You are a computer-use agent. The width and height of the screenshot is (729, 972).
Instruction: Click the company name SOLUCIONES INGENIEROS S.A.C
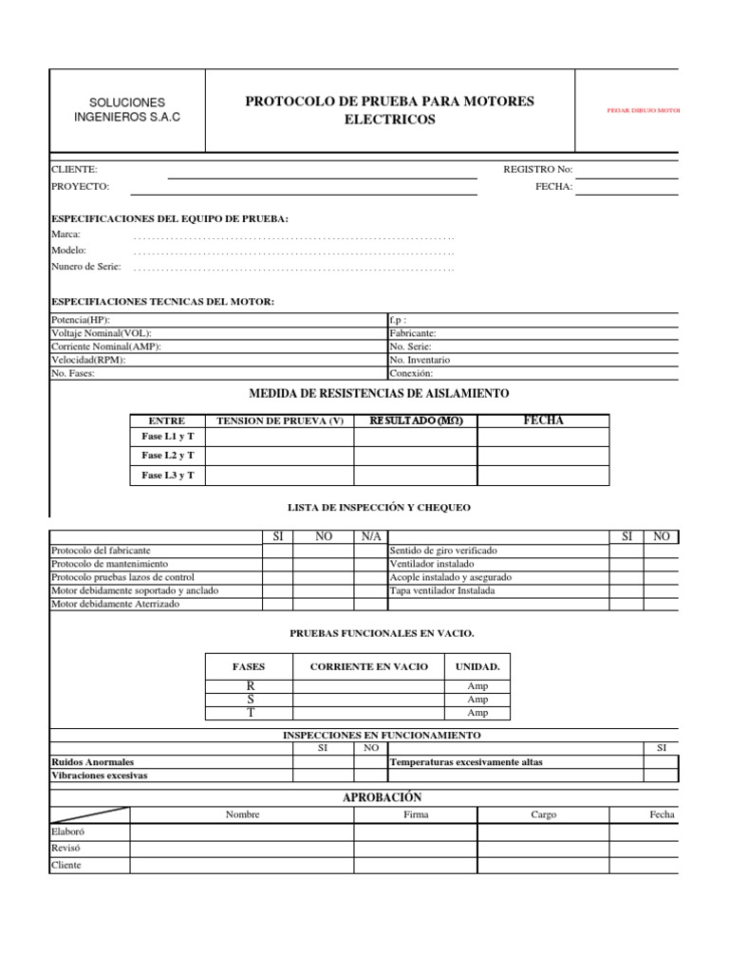[x=126, y=109]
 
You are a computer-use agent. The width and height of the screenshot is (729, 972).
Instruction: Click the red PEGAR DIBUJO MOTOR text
[x=644, y=110]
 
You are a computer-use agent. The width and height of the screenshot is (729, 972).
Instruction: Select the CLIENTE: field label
[x=73, y=169]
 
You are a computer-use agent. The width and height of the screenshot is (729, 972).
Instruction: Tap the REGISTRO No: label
[x=537, y=169]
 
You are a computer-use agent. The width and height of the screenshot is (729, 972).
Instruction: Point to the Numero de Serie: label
[x=85, y=267]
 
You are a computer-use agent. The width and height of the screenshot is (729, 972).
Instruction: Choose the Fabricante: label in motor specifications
[x=413, y=334]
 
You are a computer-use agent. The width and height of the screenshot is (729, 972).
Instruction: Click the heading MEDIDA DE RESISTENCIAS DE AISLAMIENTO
[x=379, y=393]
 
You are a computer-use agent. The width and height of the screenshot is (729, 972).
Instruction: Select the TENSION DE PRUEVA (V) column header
[x=280, y=421]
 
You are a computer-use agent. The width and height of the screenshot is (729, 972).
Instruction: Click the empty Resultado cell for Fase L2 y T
[x=416, y=457]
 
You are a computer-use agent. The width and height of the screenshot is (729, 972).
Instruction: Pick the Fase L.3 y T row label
[x=167, y=476]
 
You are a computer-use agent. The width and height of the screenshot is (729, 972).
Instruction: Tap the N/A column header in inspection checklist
[x=370, y=536]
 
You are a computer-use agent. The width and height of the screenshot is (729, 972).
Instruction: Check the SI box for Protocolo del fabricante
[x=277, y=551]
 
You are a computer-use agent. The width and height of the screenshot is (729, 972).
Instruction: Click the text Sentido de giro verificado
[x=442, y=551]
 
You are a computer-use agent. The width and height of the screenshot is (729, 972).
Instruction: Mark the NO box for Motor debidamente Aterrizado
[x=324, y=604]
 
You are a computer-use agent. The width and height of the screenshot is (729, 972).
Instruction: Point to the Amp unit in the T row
[x=477, y=713]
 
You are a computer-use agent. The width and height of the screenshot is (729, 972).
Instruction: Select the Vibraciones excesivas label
[x=99, y=776]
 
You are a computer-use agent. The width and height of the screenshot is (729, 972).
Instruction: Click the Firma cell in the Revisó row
[x=416, y=848]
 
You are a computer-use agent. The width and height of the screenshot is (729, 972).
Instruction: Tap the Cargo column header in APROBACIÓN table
[x=544, y=814]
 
